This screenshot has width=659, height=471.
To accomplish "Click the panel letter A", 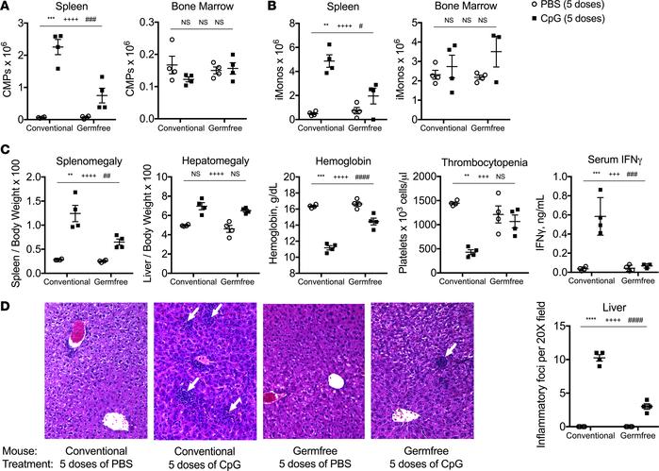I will click(7, 8).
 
